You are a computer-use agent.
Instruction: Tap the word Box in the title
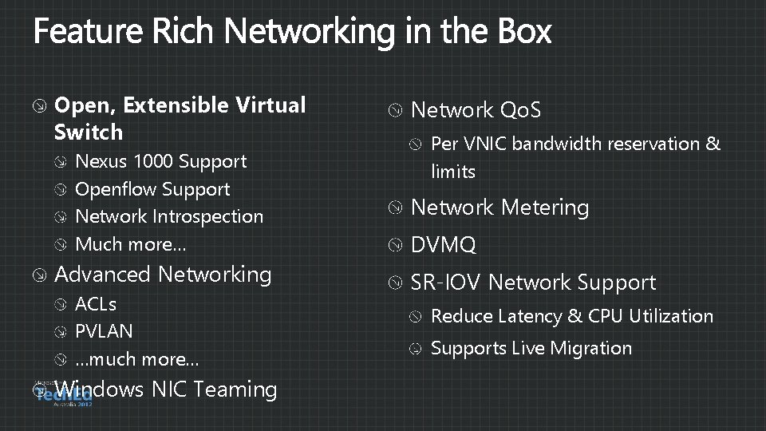click(x=523, y=32)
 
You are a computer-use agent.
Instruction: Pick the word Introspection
click(x=207, y=216)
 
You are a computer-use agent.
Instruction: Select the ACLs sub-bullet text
click(x=96, y=304)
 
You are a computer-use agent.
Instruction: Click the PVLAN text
click(x=104, y=330)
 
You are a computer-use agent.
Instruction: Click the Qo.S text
click(x=520, y=110)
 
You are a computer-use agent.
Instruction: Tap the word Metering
click(x=545, y=208)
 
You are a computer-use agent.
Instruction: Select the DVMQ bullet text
click(x=443, y=246)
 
